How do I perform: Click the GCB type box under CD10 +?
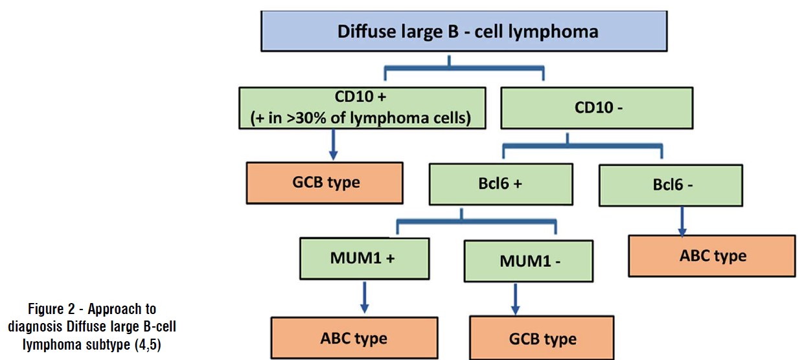tap(325, 182)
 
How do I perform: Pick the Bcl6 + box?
tap(500, 183)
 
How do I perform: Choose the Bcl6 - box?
tap(672, 185)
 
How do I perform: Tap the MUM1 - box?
tap(528, 260)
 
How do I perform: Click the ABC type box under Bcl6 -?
tap(712, 256)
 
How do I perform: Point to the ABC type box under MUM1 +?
tap(354, 338)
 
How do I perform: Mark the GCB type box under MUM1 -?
tap(542, 339)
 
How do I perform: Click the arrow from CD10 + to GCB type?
tap(333, 144)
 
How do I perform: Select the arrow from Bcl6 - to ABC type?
tap(682, 221)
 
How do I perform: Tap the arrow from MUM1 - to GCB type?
tap(516, 300)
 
